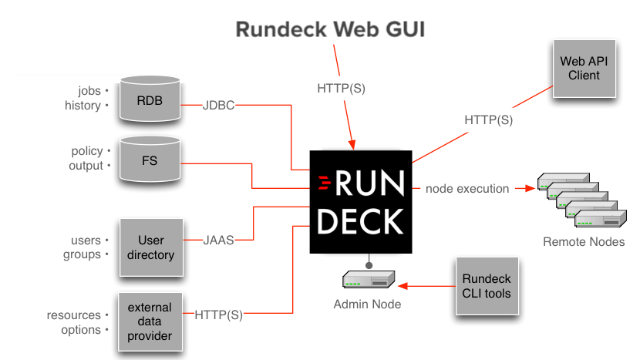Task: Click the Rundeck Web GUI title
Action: click(330, 29)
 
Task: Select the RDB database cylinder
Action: click(150, 99)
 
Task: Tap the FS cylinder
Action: click(150, 160)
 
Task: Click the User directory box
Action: click(151, 247)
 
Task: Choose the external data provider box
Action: click(150, 321)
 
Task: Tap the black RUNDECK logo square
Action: click(361, 202)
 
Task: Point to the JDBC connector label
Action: click(218, 105)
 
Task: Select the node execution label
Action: click(467, 188)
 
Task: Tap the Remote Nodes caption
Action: click(583, 242)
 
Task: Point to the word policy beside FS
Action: click(86, 151)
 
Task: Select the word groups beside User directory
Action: click(82, 254)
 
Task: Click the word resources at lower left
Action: click(74, 315)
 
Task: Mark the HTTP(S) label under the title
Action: click(341, 88)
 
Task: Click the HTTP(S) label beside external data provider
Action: click(218, 315)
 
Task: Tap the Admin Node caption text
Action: click(367, 304)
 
